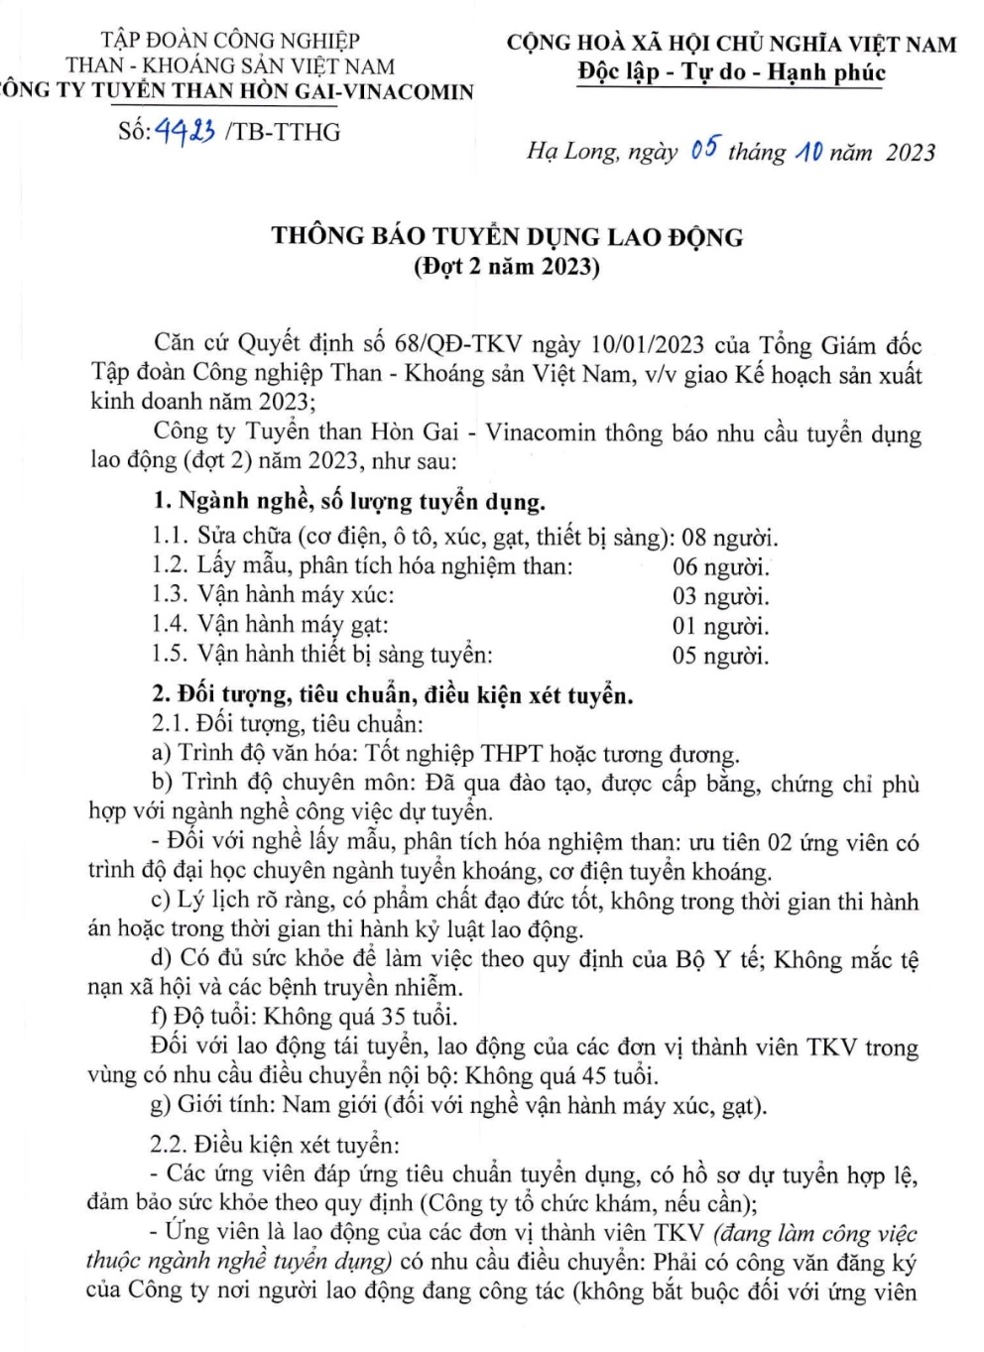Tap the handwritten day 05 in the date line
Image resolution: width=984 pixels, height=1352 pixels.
point(703,150)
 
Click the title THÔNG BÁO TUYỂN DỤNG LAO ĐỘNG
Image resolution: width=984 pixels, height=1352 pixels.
point(507,236)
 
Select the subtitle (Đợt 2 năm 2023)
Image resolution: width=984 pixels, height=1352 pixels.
point(507,266)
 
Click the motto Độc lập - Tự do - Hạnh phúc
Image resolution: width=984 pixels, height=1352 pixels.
point(731,72)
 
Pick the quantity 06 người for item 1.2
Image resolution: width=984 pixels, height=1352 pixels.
point(720,567)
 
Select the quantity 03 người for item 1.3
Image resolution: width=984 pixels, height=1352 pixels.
point(720,596)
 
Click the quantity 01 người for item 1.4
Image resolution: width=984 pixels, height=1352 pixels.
point(720,626)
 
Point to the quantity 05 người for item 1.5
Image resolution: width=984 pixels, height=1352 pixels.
point(720,656)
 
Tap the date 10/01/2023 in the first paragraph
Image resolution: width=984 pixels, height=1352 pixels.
point(647,344)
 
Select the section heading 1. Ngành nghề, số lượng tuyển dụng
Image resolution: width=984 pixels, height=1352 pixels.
point(349,502)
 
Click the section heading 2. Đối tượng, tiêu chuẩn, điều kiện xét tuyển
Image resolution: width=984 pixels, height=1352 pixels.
point(392,695)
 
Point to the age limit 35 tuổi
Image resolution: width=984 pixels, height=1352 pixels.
point(419,1017)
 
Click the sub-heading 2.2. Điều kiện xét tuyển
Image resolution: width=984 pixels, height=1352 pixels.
point(275,1145)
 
